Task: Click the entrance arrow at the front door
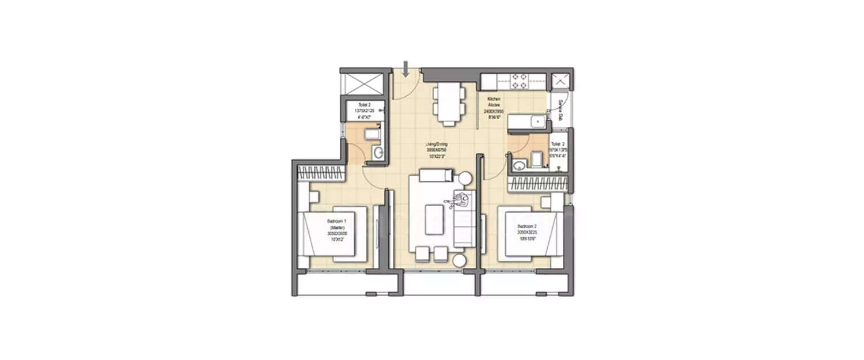(406, 69)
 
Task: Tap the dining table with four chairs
(448, 104)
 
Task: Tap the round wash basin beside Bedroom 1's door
(377, 153)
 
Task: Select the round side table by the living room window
(459, 260)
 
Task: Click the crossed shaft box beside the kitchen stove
(560, 81)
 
